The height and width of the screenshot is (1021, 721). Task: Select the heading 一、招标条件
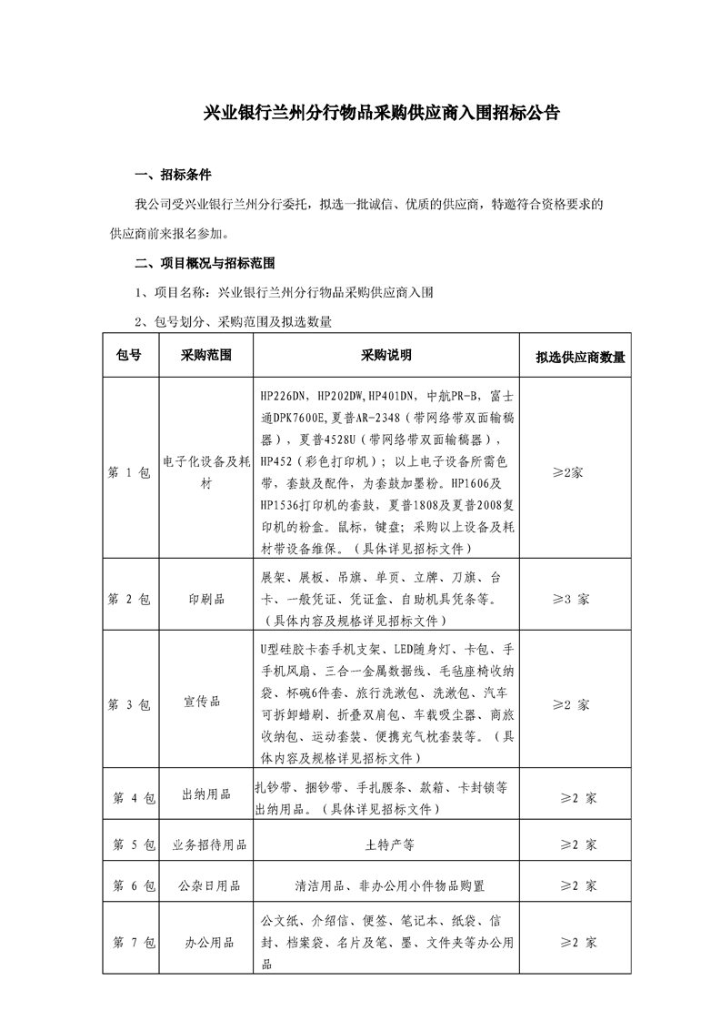(173, 176)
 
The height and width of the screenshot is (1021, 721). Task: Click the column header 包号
(129, 355)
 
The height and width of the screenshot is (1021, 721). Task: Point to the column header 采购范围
(205, 355)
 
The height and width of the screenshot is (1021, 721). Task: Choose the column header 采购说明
(386, 355)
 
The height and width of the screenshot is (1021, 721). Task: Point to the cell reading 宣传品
(205, 704)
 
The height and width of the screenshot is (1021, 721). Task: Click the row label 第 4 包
(134, 798)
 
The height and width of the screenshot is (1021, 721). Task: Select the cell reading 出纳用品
(205, 798)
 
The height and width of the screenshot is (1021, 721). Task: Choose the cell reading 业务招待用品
(209, 844)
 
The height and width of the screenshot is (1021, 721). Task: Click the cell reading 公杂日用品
(207, 885)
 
